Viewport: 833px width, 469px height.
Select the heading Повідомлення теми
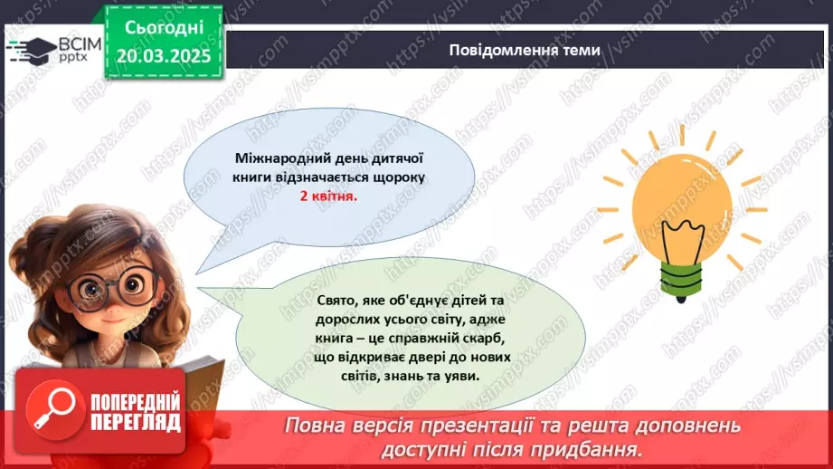[524, 51]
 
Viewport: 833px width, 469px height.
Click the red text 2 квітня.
[328, 196]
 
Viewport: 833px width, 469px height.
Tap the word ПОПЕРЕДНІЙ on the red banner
[136, 402]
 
